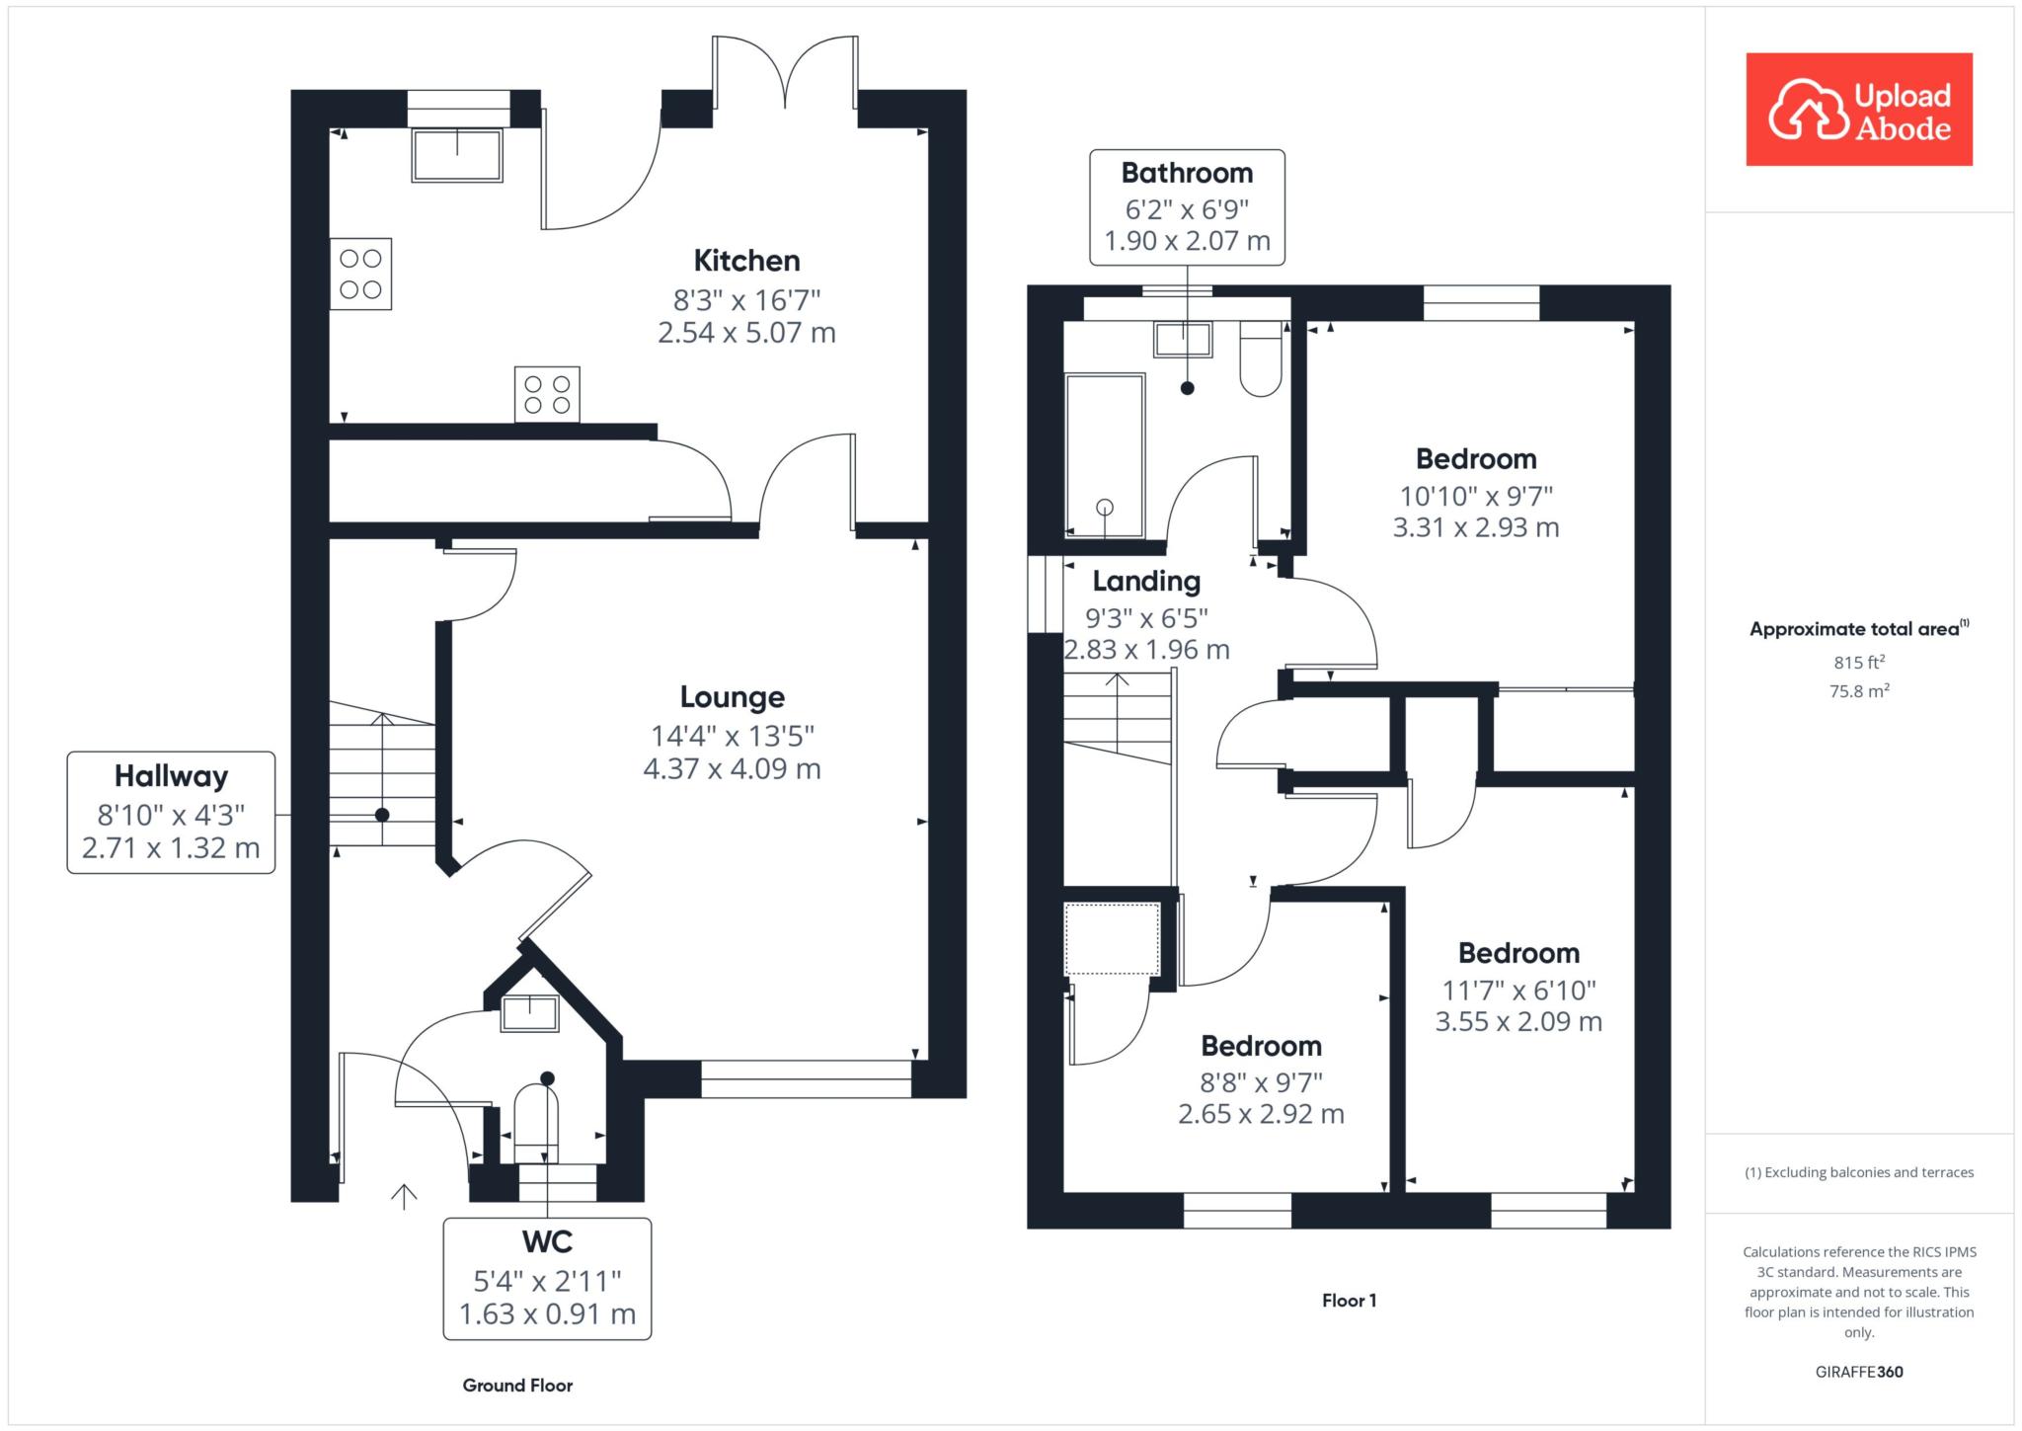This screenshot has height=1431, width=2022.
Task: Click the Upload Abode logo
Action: [1858, 109]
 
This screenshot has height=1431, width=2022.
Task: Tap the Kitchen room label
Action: [746, 261]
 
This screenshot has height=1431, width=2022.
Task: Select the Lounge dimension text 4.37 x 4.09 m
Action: [732, 768]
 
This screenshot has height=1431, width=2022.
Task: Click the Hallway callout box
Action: [171, 812]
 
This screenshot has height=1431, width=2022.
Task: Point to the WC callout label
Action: [547, 1241]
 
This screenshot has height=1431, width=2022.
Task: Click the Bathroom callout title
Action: [1187, 173]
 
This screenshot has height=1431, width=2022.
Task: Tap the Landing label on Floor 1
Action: [1146, 582]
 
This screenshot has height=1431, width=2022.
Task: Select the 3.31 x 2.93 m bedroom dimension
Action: [1476, 527]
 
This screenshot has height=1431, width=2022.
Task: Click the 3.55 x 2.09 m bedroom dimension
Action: [1518, 1021]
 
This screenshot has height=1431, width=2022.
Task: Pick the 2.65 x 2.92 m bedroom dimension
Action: [1261, 1114]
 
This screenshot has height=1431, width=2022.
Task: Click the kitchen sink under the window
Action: [456, 155]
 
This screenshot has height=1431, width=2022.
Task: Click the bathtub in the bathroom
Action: [1105, 455]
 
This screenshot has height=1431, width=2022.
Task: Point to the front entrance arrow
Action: [404, 1195]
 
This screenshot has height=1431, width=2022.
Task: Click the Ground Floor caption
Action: [517, 1386]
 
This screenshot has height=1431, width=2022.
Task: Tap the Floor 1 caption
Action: [1349, 1301]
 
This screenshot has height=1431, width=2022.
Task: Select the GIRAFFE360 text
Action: [1859, 1372]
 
